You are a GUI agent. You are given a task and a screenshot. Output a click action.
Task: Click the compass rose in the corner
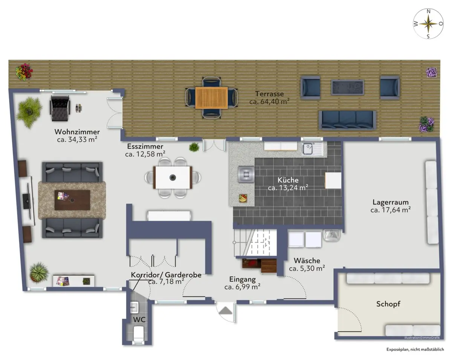pos(428,24)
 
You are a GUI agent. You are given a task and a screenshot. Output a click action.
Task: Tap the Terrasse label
pos(269,94)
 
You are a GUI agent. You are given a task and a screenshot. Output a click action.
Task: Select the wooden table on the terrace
pos(211,98)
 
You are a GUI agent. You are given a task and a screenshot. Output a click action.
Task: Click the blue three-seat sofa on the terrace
pos(347,120)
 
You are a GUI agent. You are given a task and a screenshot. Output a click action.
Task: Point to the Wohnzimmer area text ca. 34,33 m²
pos(77,140)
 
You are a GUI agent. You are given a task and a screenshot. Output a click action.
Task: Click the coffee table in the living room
pos(72,200)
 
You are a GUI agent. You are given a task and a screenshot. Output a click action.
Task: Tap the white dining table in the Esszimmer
pos(173,178)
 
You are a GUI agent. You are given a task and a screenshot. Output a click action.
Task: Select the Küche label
pos(288,180)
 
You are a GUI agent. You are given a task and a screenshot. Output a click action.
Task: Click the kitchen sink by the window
pos(312,149)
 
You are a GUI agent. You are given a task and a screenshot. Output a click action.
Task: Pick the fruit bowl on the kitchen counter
pos(243,198)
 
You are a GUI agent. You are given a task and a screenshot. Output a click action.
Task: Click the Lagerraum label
pos(391,202)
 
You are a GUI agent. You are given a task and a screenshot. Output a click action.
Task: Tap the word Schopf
pos(388,304)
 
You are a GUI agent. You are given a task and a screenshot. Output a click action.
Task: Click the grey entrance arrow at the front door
pos(225,311)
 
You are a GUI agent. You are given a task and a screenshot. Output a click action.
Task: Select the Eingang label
pos(242,279)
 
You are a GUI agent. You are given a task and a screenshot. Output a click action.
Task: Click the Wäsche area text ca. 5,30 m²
pos(307,268)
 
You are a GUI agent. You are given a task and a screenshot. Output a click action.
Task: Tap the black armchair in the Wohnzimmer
pos(60,108)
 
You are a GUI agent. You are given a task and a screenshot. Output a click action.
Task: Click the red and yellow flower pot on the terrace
pos(24,72)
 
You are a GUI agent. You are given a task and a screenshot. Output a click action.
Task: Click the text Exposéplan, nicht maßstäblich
pos(415,349)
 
